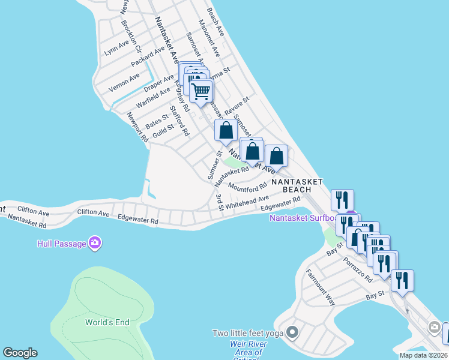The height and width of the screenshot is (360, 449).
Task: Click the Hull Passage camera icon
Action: [94, 243]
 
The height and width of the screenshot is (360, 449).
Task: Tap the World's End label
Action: [107, 322]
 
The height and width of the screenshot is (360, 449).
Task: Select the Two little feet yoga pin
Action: [292, 332]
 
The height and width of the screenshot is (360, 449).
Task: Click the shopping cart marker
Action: [202, 91]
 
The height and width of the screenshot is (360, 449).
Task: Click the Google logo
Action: [20, 353]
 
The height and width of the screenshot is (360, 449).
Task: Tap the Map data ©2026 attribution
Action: [423, 355]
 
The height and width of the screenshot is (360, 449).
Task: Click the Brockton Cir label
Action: [130, 36]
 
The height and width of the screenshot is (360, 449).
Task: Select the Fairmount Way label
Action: [320, 287]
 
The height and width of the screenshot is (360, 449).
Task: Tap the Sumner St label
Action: [215, 166]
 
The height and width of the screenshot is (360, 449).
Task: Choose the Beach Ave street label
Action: [214, 21]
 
